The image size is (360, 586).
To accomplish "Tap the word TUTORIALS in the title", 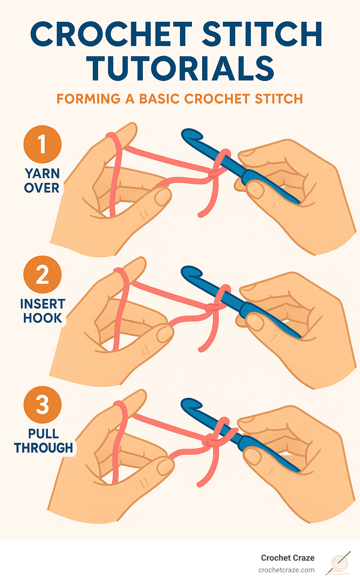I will coord(180,69).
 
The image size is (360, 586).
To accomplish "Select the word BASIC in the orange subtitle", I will coord(160,99).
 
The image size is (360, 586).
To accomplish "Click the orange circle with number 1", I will coord(43,144).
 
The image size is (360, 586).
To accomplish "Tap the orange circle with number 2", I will coord(43,274).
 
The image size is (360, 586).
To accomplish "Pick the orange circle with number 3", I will coord(43,405).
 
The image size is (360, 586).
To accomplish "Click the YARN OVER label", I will coord(42,181).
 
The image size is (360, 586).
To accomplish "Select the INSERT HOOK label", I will coord(43,311).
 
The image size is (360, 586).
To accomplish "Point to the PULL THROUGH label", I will coord(44,441).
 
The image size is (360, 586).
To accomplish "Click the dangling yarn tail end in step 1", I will coord(201,214).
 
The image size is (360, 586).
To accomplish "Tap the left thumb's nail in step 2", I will coord(164,334).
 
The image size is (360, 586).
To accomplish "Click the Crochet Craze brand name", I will coord(288,558).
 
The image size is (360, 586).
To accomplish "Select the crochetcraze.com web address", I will coord(286,570).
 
